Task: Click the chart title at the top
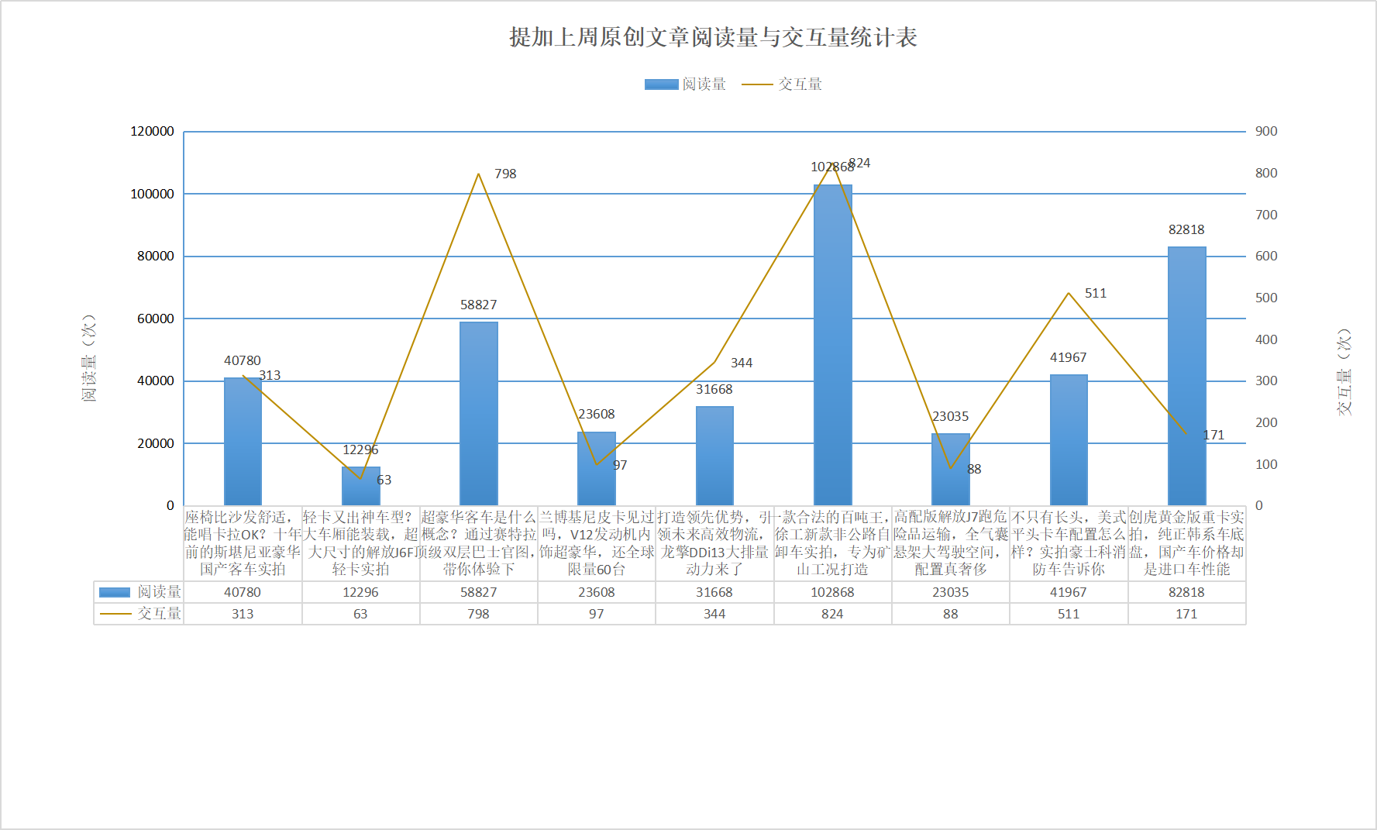(713, 37)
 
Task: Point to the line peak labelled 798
(478, 174)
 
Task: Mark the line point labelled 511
(1069, 293)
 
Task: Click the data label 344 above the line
(741, 363)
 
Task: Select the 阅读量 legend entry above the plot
(686, 84)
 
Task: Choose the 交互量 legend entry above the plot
(783, 84)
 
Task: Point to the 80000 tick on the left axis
(156, 256)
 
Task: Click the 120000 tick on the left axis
(152, 131)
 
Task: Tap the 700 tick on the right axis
(1266, 215)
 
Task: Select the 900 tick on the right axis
(1266, 131)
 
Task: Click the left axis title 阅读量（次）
(89, 358)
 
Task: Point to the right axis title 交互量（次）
(1344, 372)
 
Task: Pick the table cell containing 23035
(950, 592)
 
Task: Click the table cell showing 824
(832, 614)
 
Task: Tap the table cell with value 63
(360, 614)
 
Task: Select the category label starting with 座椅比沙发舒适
(243, 542)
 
